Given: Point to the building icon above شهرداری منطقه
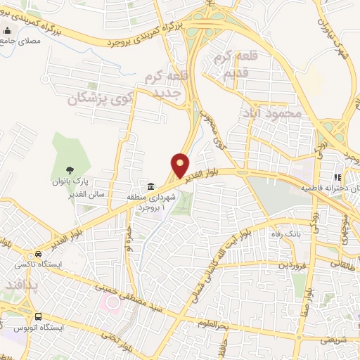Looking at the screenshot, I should [x=151, y=186].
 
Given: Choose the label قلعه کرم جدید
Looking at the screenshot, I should [x=164, y=84].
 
